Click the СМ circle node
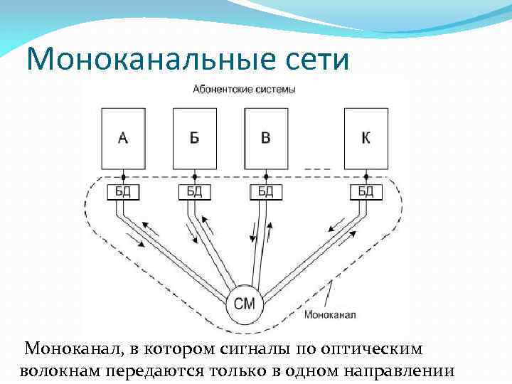click(245, 304)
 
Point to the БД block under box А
click(123, 191)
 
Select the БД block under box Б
click(194, 191)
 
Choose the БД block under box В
click(265, 191)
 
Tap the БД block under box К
click(366, 191)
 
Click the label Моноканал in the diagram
click(329, 314)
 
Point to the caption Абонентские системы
click(244, 90)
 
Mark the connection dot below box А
click(123, 176)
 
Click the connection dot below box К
click(366, 176)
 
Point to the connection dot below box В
click(265, 176)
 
